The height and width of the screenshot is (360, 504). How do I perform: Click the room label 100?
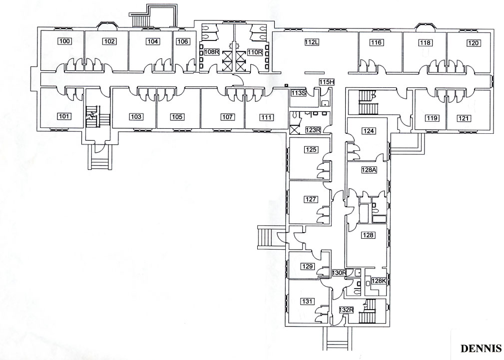click(x=64, y=41)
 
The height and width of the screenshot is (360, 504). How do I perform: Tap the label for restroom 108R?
click(x=211, y=52)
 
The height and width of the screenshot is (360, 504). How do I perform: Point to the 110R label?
click(x=255, y=52)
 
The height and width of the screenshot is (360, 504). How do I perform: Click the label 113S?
click(x=298, y=93)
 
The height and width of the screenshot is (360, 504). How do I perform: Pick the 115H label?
click(x=327, y=82)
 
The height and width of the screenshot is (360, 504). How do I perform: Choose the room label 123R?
click(x=313, y=130)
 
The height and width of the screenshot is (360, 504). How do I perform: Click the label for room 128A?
click(x=369, y=170)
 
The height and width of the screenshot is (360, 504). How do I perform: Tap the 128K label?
click(x=379, y=281)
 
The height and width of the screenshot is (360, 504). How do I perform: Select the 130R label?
click(x=339, y=273)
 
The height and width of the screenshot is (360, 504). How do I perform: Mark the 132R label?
click(x=347, y=310)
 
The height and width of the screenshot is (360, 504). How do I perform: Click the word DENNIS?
click(x=481, y=349)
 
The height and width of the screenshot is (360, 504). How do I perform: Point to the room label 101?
click(x=64, y=116)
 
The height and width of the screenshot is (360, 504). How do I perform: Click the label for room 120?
click(x=474, y=43)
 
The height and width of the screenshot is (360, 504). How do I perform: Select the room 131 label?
click(x=307, y=302)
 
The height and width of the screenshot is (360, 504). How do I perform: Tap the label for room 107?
click(x=227, y=117)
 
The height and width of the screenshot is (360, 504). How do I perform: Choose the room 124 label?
click(x=368, y=131)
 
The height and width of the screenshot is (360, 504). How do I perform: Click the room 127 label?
click(x=311, y=199)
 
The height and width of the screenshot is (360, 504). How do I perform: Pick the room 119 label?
click(x=432, y=118)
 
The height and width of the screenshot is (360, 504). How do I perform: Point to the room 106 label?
click(x=183, y=41)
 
